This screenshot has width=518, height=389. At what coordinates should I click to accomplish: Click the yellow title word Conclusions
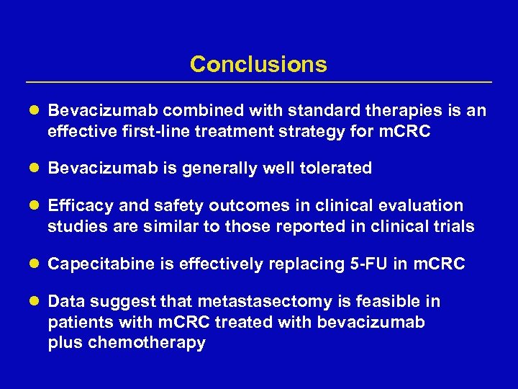258,65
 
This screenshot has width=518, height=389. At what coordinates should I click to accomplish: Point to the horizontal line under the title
258,82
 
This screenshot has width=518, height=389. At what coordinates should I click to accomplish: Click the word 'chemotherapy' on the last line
147,343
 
